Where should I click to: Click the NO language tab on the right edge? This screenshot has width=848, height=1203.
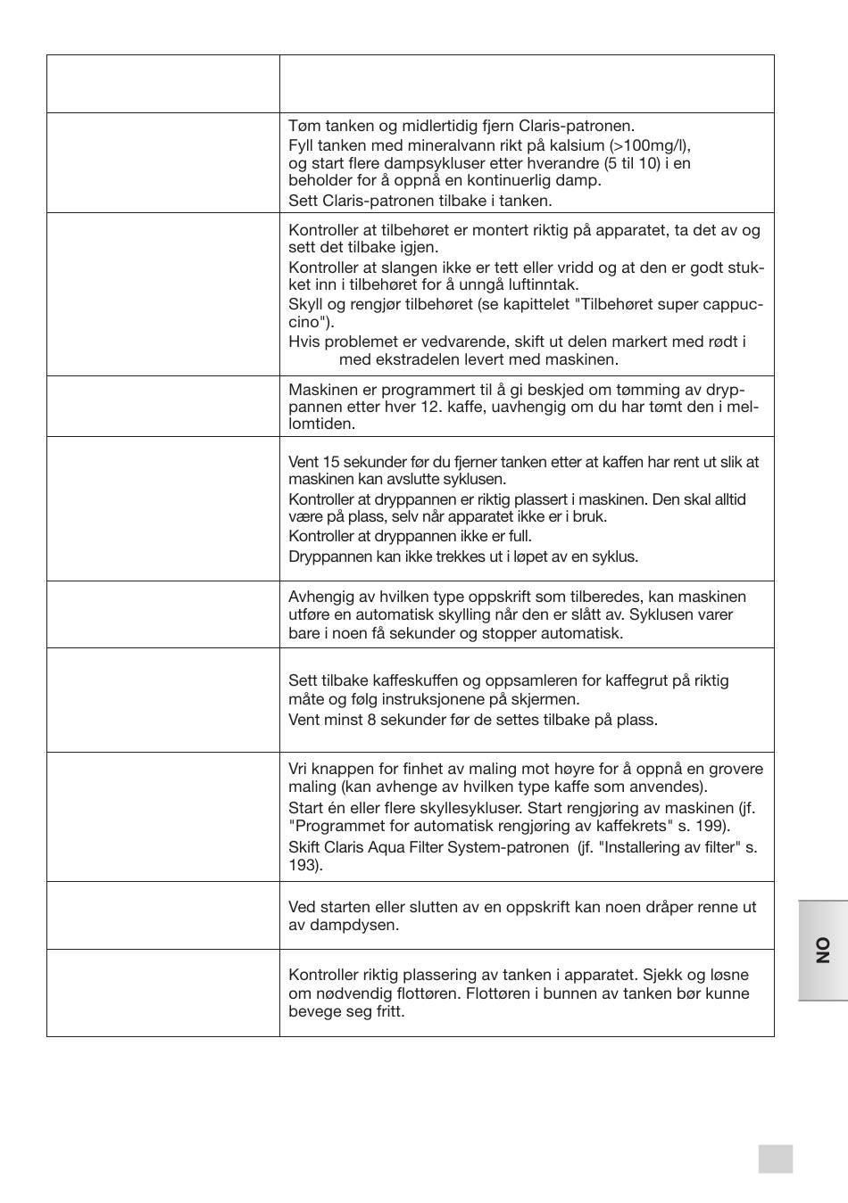point(822,950)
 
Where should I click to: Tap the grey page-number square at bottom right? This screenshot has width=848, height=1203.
point(775,1158)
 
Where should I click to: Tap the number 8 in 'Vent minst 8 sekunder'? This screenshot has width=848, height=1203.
point(371,720)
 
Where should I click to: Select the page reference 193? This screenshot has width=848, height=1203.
point(303,866)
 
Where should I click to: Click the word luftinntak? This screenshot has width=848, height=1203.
point(543,285)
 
